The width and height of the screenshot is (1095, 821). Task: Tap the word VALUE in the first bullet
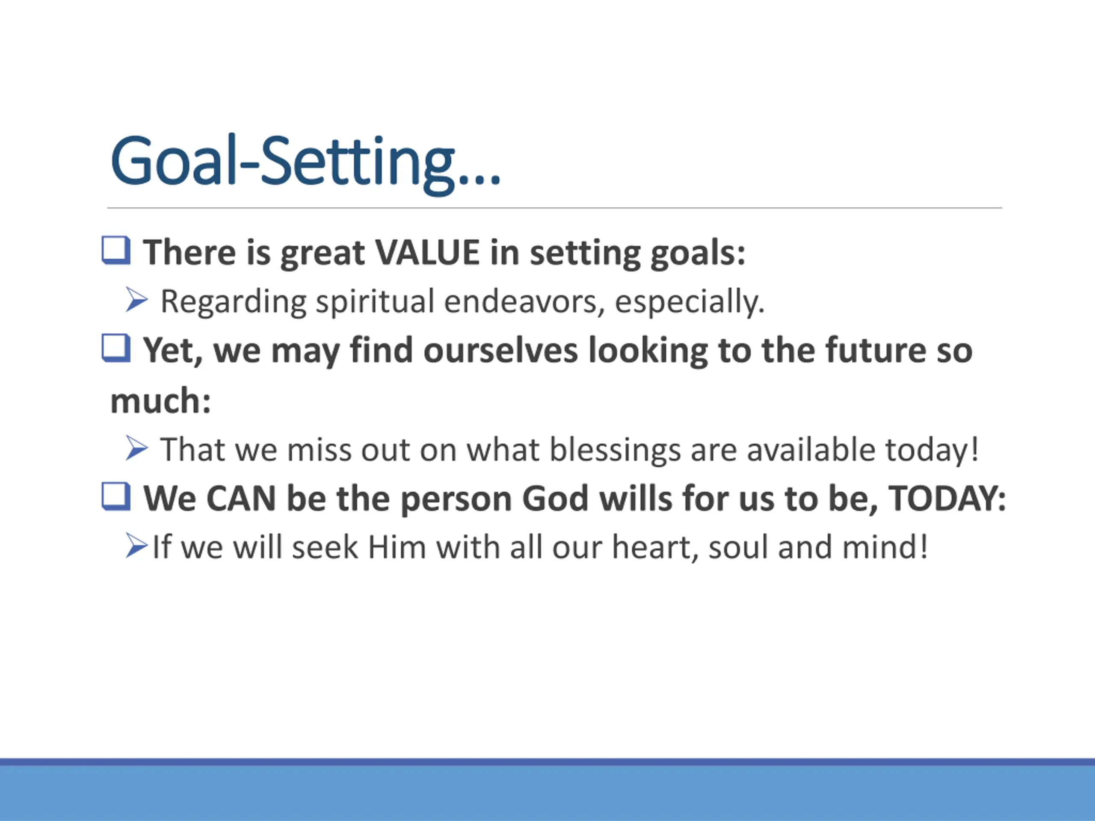[x=427, y=253]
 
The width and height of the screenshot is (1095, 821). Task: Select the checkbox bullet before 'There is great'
[x=116, y=251]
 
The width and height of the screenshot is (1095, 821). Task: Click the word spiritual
[x=375, y=301]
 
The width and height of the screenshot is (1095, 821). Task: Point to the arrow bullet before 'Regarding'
[x=136, y=300]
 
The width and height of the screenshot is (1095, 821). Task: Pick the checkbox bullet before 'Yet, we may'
[x=116, y=348]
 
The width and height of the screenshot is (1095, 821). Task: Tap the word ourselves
[x=500, y=350]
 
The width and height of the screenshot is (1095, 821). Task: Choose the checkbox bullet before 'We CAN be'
[x=116, y=496]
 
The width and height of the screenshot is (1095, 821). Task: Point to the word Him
[x=397, y=547]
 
